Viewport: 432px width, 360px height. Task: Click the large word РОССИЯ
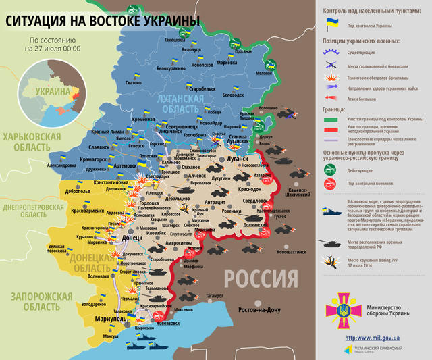261,278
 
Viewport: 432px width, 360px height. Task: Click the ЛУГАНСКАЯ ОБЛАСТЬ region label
180,104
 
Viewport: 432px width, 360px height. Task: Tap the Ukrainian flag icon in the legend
333,24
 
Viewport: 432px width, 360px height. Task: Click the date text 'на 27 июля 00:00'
53,49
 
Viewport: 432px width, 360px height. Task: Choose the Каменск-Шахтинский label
306,194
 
